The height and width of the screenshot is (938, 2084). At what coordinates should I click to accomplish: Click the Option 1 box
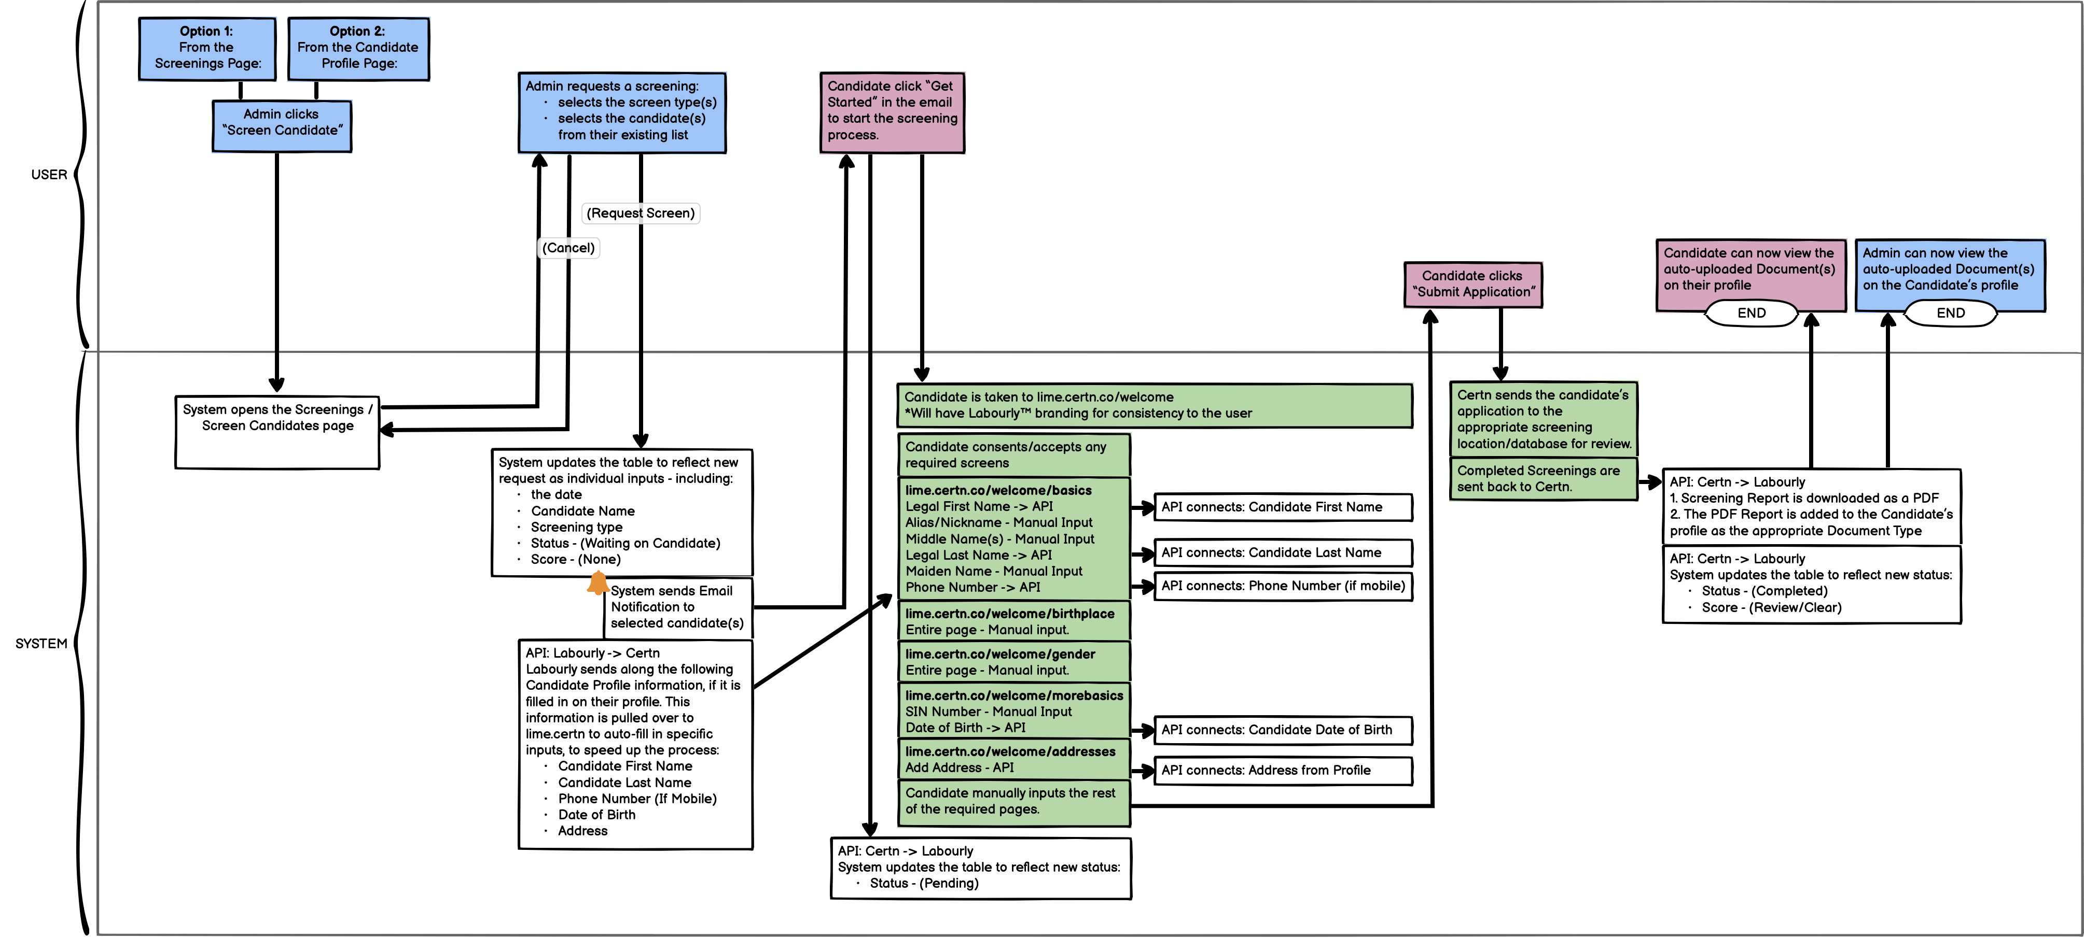[x=206, y=49]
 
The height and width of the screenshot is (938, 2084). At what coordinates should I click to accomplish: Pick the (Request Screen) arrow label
[x=640, y=212]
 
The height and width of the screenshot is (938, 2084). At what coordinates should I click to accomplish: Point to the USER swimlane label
[x=49, y=175]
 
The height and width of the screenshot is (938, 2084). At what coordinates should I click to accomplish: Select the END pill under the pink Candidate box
[x=1752, y=313]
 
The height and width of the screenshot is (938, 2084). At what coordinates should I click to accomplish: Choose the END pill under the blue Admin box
[x=1951, y=313]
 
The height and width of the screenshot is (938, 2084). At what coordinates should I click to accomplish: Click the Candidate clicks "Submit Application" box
[x=1472, y=284]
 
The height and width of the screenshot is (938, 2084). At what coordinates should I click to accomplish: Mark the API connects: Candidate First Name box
[x=1282, y=507]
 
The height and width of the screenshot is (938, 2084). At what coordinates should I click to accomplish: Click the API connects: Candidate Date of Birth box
[x=1282, y=729]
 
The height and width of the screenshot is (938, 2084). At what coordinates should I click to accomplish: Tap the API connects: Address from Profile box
[x=1282, y=770]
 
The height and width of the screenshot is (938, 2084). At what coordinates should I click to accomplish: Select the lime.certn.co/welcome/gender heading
[x=1000, y=654]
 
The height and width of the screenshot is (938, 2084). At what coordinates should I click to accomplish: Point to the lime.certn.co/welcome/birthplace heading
[x=1010, y=614]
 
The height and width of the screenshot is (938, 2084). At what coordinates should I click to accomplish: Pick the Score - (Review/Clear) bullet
[x=1771, y=607]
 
